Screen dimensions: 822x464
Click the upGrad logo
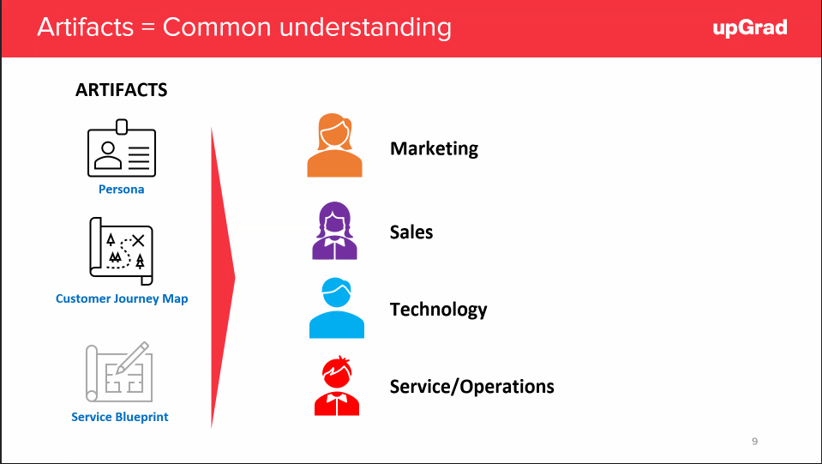[750, 27]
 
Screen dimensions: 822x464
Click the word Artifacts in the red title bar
[86, 27]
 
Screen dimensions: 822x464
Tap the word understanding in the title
[365, 27]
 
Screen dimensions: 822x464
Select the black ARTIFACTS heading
[122, 90]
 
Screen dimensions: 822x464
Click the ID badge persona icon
[122, 148]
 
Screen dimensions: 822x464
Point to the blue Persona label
[121, 190]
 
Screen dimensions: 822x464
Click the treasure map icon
[121, 251]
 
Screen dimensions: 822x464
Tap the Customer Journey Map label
[122, 298]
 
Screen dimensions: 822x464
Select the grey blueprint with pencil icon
[119, 371]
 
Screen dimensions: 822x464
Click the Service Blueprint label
[119, 417]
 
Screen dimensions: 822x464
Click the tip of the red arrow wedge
[235, 278]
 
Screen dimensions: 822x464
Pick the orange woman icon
[334, 145]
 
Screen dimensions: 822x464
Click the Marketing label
[434, 148]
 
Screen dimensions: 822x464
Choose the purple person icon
[334, 231]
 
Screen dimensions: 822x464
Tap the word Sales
[411, 232]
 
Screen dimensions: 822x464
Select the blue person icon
[337, 308]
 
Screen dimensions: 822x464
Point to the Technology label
[438, 310]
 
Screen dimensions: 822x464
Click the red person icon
[337, 386]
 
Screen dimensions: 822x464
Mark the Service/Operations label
[471, 387]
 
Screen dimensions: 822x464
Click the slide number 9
[754, 442]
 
